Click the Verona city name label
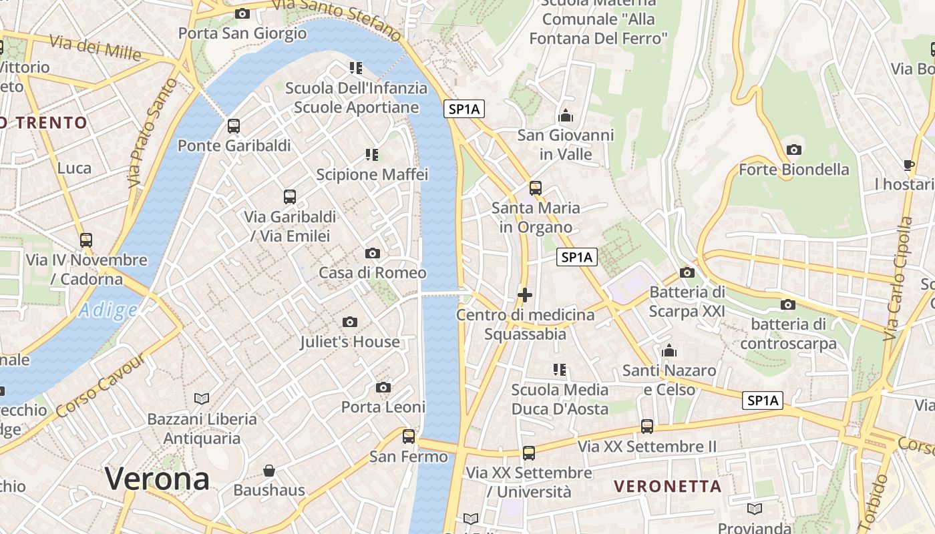pos(157,479)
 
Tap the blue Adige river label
pos(108,310)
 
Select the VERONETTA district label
pos(667,486)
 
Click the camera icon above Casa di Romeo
pos(373,253)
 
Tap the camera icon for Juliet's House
pos(349,322)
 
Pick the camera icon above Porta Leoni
pos(383,387)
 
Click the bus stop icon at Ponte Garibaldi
pos(234,125)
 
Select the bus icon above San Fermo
pos(409,437)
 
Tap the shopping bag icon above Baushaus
pos(269,471)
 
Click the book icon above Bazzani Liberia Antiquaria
pos(202,398)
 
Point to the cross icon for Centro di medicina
pos(525,294)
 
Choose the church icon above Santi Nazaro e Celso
pos(669,350)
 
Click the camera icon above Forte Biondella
pos(794,150)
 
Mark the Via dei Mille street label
pos(95,47)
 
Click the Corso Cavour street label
pos(102,386)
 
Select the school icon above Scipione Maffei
pos(372,155)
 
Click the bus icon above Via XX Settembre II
pos(646,426)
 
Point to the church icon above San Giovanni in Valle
pos(566,116)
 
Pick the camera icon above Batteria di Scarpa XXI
pos(687,272)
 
